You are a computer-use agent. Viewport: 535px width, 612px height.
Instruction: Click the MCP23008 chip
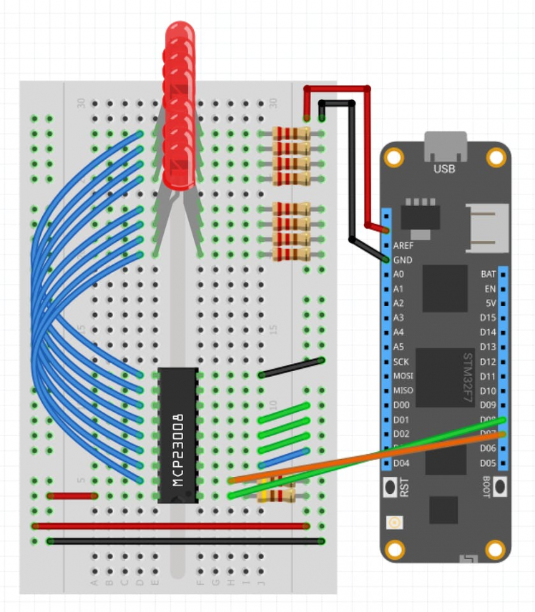[x=177, y=435]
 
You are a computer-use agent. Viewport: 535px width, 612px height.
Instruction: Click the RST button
[x=392, y=488]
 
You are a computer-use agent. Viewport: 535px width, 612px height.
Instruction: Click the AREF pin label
[x=403, y=245]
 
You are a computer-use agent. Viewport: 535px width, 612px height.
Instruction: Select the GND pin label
[x=402, y=260]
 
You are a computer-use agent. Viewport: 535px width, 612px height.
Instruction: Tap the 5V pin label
[x=490, y=303]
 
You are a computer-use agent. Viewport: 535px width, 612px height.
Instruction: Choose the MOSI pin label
[x=403, y=376]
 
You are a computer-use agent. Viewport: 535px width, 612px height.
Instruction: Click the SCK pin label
[x=401, y=362]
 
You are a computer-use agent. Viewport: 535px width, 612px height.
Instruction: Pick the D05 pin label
[x=488, y=463]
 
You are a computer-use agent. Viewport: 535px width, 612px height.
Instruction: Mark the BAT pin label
[x=489, y=274]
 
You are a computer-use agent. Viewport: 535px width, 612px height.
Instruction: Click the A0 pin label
[x=398, y=275]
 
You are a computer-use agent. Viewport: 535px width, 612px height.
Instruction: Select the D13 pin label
[x=488, y=347]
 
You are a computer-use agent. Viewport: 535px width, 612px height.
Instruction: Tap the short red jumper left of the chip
[x=72, y=495]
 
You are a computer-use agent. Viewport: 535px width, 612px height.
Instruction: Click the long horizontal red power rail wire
[x=172, y=525]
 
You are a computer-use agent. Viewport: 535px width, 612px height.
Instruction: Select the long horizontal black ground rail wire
[x=186, y=541]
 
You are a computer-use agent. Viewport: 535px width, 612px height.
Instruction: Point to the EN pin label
[x=490, y=289]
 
